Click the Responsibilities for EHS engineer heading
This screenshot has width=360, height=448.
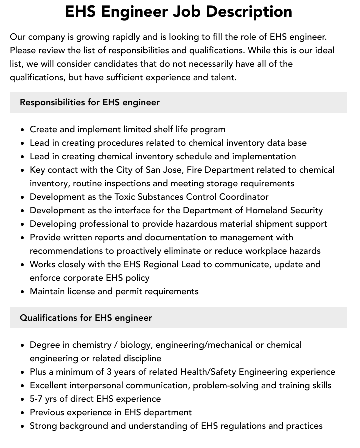90,102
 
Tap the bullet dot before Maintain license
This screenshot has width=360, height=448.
23,292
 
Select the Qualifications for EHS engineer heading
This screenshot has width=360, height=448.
86,318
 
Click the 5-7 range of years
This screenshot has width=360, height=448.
38,399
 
